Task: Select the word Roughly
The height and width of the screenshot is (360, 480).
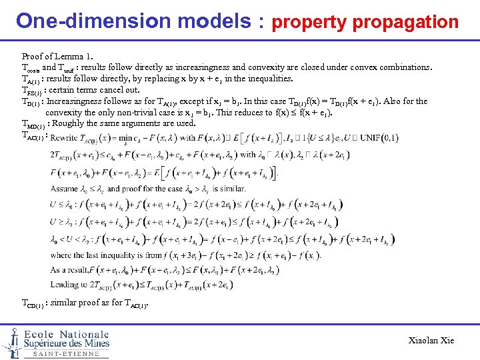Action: pos(69,123)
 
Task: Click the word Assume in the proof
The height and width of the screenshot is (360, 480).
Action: pos(65,189)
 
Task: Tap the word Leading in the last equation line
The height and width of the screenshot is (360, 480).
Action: pos(65,285)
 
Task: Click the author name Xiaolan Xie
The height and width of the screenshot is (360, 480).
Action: pos(431,341)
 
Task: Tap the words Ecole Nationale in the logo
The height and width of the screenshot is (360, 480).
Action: pos(66,334)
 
